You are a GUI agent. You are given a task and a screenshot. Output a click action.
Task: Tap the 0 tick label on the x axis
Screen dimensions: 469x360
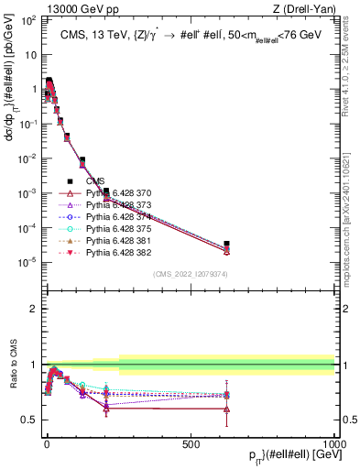coord(46,443)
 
